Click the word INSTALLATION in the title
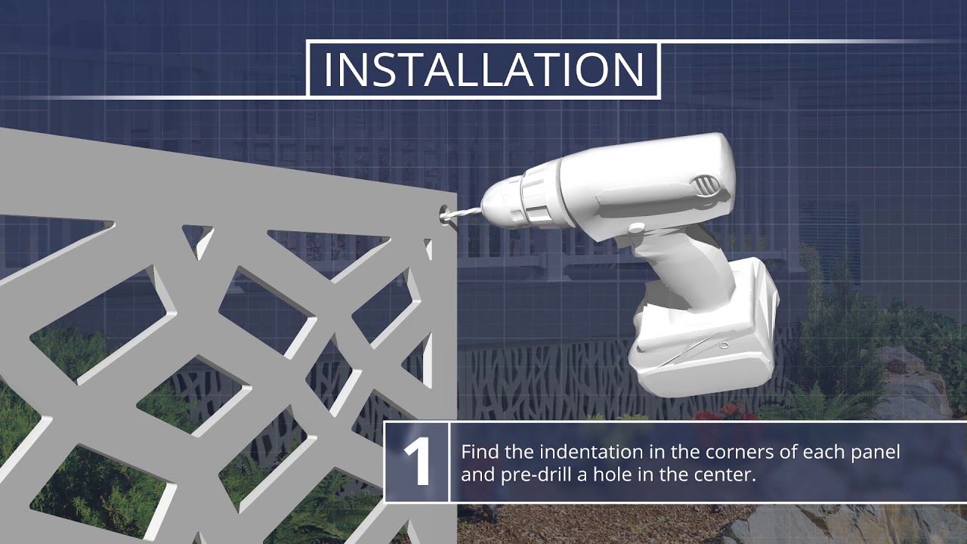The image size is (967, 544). (x=483, y=70)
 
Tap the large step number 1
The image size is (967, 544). (x=417, y=462)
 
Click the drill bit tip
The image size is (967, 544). (x=446, y=217)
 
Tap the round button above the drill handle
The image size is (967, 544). (x=636, y=227)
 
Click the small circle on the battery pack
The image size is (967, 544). (x=724, y=345)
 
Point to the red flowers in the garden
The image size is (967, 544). (x=726, y=413)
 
